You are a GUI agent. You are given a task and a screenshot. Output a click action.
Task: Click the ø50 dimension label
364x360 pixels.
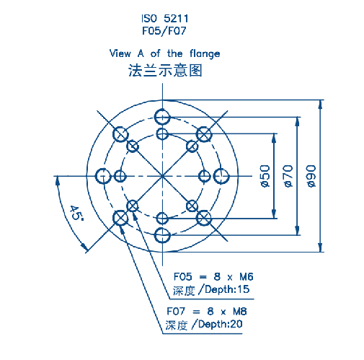(x=265, y=176)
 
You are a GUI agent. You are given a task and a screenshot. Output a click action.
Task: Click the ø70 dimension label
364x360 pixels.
(x=288, y=176)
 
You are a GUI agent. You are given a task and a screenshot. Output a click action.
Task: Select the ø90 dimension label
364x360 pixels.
(x=311, y=176)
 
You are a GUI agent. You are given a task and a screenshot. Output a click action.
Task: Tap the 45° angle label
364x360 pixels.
(x=76, y=213)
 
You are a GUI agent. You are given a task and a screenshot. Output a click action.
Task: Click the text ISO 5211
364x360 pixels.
(x=164, y=19)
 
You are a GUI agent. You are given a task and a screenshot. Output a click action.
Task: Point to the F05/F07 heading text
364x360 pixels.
(x=164, y=31)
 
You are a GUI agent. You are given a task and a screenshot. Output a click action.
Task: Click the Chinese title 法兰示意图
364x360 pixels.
(x=165, y=70)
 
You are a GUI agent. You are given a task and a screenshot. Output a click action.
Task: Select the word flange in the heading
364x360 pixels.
(x=205, y=53)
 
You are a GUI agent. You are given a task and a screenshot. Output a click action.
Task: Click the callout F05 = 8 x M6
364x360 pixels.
(x=213, y=277)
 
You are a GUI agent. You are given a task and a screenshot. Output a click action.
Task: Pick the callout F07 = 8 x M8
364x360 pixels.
(x=207, y=312)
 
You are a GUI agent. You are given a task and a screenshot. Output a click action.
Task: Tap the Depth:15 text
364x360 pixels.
(x=227, y=289)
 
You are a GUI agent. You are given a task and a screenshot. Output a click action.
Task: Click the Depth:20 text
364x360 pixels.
(x=221, y=324)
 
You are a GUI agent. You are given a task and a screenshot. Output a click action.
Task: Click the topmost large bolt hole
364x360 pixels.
(x=162, y=117)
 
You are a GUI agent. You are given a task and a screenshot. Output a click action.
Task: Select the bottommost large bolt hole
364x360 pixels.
(x=162, y=235)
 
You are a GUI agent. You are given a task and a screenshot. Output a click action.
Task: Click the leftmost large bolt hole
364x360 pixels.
(x=103, y=176)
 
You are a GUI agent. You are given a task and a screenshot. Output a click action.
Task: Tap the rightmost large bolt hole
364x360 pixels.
(x=221, y=176)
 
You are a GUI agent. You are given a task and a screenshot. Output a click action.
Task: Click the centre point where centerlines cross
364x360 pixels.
(x=162, y=176)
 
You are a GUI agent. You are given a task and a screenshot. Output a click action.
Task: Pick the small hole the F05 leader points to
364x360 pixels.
(x=133, y=206)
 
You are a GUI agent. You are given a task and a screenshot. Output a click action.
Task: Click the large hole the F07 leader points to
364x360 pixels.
(x=120, y=218)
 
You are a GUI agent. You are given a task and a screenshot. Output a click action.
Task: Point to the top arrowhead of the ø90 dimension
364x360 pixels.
(x=320, y=105)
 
